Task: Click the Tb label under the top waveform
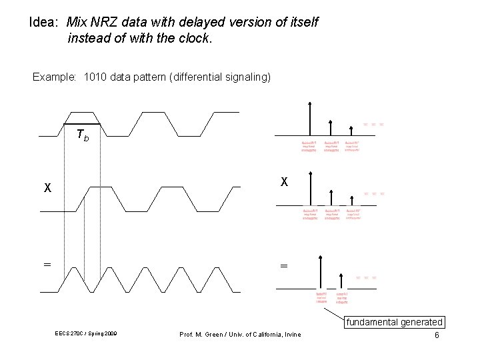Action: [x=83, y=136]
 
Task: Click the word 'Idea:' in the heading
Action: [x=47, y=23]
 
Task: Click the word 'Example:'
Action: [x=55, y=77]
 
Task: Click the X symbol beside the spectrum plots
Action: [x=284, y=181]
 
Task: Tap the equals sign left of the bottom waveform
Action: [x=47, y=265]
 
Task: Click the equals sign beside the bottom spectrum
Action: [x=283, y=265]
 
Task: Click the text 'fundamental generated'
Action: [x=393, y=323]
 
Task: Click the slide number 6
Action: [x=437, y=335]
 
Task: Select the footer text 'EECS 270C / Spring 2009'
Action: [x=87, y=334]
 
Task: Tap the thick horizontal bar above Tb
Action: [x=81, y=124]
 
